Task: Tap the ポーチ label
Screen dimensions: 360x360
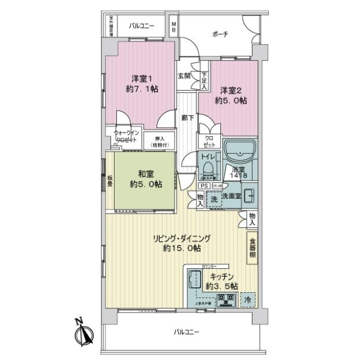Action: pos(220,35)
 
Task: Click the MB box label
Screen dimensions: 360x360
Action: pos(174,26)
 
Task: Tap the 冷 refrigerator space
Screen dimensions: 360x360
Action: pos(247,299)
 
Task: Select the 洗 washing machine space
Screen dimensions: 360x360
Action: pos(213,199)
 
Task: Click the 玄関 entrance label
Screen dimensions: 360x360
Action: pos(184,76)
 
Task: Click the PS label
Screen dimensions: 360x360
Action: pos(202,186)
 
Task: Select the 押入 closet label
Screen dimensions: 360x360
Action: pos(159,141)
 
